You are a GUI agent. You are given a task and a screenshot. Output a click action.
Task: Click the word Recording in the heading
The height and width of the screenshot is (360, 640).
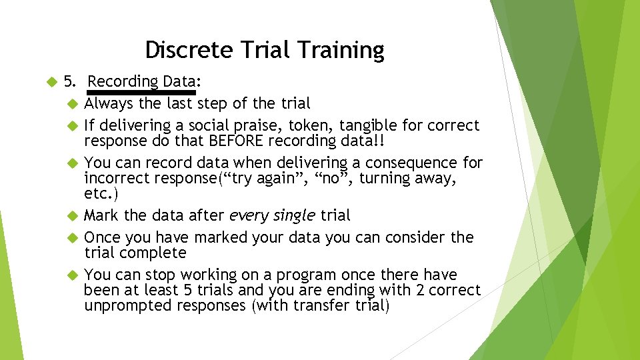123,82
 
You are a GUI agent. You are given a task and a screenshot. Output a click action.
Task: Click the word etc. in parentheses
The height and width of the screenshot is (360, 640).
100,194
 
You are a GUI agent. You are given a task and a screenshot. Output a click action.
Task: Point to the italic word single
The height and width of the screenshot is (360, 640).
294,215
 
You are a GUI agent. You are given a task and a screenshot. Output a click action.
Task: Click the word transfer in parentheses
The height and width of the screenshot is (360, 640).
315,305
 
